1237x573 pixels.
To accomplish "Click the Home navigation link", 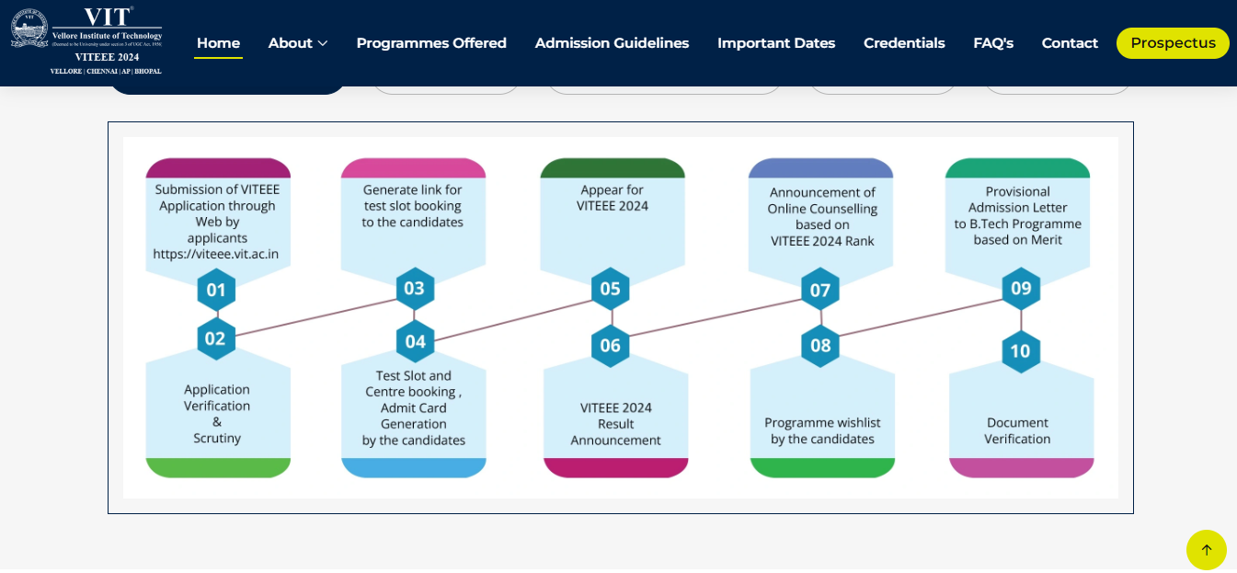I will coord(218,43).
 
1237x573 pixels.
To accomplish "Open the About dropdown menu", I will coord(298,43).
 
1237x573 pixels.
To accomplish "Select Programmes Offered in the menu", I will coord(431,43).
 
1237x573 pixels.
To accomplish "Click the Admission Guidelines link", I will coord(612,43).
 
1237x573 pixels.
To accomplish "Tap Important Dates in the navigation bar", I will coord(776,43).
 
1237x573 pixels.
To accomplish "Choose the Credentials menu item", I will coord(904,43).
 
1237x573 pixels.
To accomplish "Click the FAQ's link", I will coord(993,43).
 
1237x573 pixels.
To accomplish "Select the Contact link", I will coord(1070,43).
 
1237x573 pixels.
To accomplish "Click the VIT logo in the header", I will coord(86,41).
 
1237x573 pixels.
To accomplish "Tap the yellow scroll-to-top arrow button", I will coord(1206,550).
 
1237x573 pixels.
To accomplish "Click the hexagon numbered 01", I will coord(216,291).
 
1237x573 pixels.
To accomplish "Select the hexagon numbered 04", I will coord(416,342).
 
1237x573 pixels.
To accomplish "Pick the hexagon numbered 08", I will coord(820,346).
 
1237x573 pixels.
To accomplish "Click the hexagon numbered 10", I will coord(1020,351).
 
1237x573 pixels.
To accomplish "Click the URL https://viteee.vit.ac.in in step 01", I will coord(216,255).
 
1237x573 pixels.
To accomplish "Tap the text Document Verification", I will coord(1017,430).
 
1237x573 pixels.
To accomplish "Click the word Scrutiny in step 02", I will coord(217,439).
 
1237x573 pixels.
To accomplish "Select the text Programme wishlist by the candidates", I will coord(822,430).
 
